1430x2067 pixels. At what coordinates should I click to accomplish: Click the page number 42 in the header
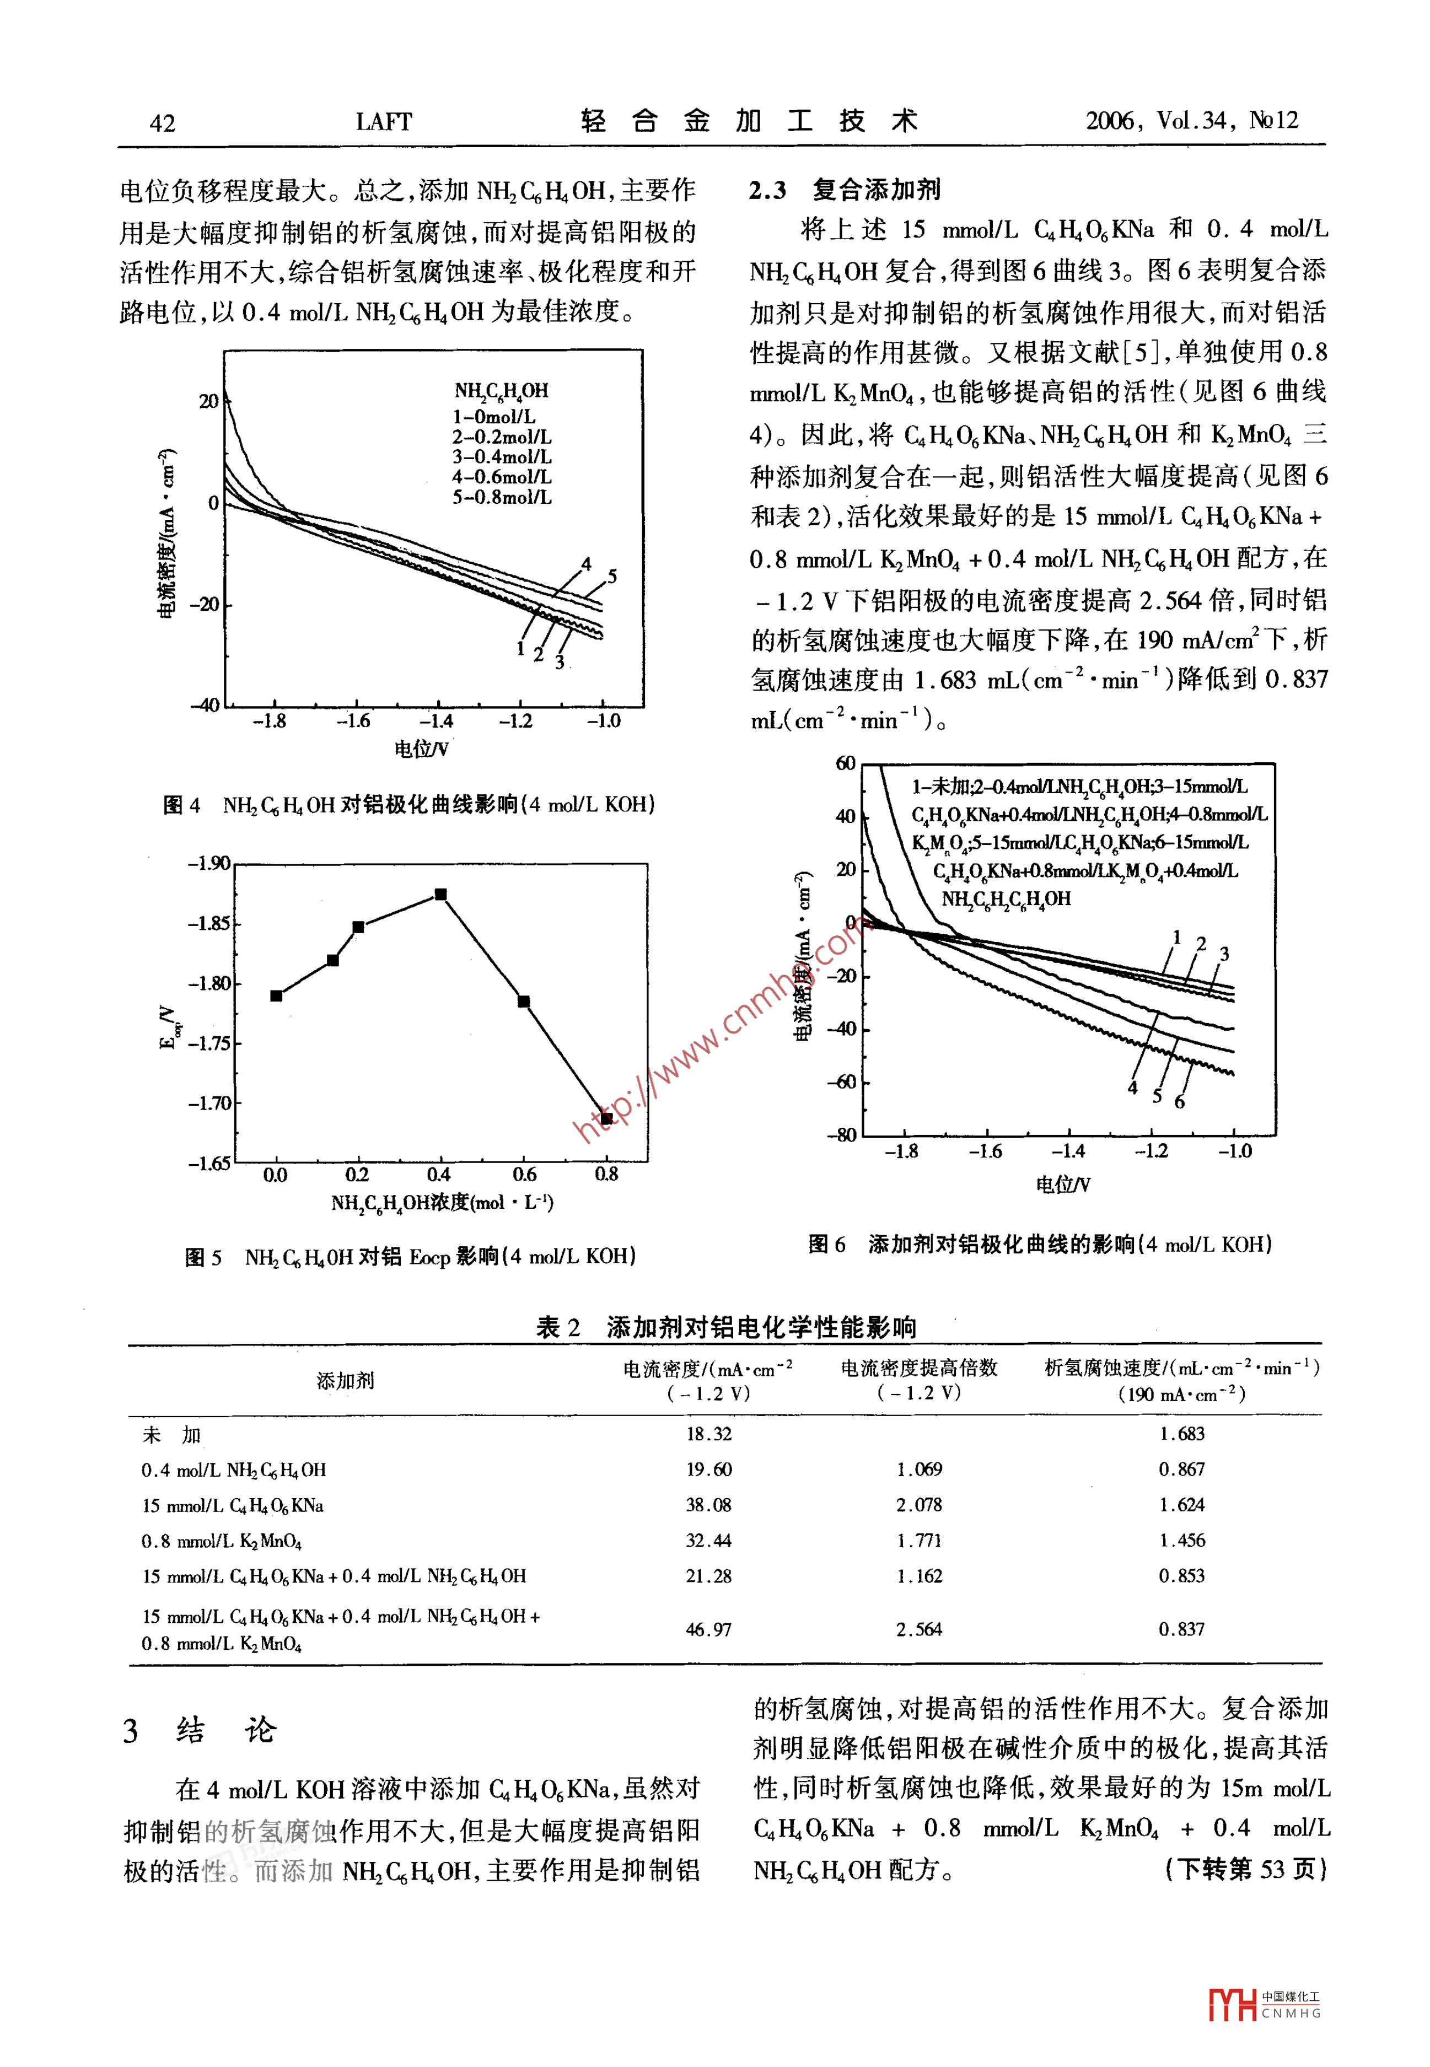click(162, 123)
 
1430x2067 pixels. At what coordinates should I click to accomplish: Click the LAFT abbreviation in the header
click(384, 122)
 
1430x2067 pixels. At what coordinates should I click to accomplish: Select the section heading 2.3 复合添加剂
click(844, 190)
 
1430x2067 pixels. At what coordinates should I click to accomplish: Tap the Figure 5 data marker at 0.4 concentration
click(440, 894)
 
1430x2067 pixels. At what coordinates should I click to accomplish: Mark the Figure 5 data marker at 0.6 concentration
click(524, 1002)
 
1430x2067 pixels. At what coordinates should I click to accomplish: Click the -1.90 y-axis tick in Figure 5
click(209, 864)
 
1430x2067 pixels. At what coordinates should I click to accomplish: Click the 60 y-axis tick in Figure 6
click(846, 763)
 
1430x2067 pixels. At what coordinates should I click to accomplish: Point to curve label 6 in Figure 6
click(1179, 1102)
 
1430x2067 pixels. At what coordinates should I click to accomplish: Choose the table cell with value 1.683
click(1182, 1434)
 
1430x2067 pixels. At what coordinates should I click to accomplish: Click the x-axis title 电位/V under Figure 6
click(1063, 1185)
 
